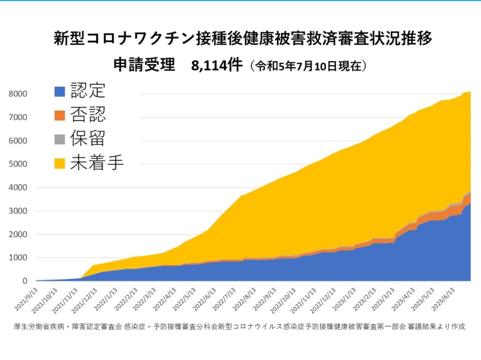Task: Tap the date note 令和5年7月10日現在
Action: pyautogui.click(x=308, y=66)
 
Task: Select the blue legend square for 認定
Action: pyautogui.click(x=60, y=91)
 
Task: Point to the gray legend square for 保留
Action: pyautogui.click(x=60, y=139)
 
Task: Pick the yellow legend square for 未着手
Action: pyautogui.click(x=60, y=163)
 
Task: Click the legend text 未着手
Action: pyautogui.click(x=97, y=163)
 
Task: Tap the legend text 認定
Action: pyautogui.click(x=88, y=91)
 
